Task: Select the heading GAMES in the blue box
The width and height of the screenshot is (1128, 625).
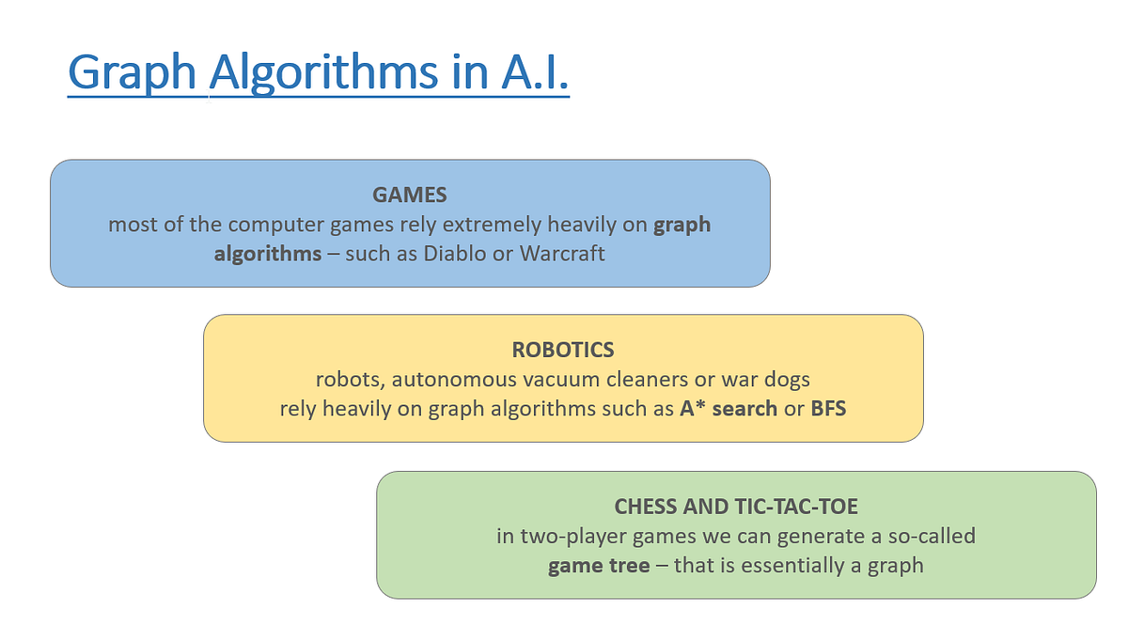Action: pyautogui.click(x=409, y=195)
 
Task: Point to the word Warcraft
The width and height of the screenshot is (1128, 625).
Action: pyautogui.click(x=562, y=254)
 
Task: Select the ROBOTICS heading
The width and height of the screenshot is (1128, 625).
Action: pyautogui.click(x=563, y=350)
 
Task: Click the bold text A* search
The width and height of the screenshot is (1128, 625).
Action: pyautogui.click(x=728, y=409)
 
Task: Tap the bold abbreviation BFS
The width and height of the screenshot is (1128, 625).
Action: pyautogui.click(x=828, y=409)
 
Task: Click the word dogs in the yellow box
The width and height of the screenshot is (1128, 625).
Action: pyautogui.click(x=786, y=380)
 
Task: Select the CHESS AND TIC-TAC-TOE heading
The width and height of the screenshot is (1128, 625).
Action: pyautogui.click(x=736, y=507)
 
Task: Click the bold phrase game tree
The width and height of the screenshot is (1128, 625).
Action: pyautogui.click(x=598, y=566)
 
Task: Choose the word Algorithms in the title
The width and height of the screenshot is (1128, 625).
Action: pyautogui.click(x=324, y=73)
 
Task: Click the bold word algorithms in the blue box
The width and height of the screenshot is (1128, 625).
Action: pyautogui.click(x=268, y=254)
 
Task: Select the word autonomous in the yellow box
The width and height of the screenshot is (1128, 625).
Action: pyautogui.click(x=448, y=380)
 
